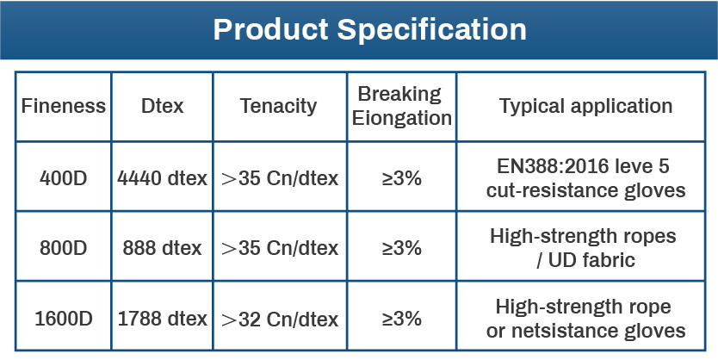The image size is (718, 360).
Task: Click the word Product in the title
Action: pos(270,29)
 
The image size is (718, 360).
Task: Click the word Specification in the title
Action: pos(432,30)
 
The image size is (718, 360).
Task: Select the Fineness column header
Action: pos(63,106)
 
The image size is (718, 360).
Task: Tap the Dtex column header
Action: pos(162,106)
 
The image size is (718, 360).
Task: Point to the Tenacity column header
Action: pos(278,107)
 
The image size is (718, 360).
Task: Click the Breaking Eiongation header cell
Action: pos(401,106)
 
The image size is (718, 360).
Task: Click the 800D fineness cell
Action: pos(63,248)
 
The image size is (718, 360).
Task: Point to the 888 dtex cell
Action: pos(162,248)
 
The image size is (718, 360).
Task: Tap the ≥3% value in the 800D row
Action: pos(401,248)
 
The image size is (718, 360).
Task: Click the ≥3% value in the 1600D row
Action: pos(401,319)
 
